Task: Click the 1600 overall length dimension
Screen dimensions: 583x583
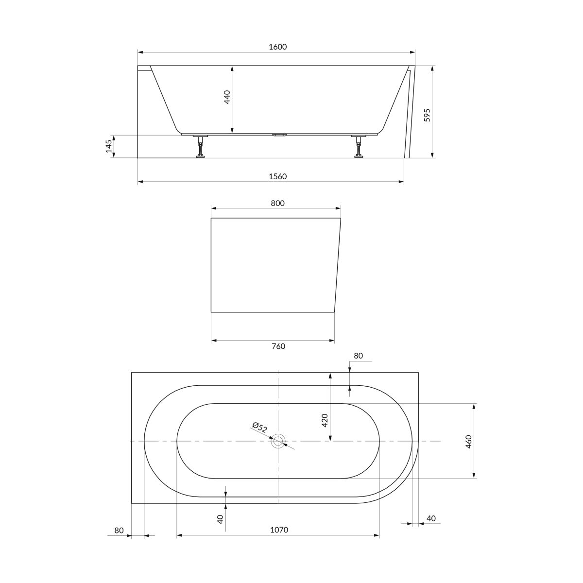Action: tap(277, 47)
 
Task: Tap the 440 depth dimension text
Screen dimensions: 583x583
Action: tap(227, 97)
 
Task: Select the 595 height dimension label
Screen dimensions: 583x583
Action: tap(427, 115)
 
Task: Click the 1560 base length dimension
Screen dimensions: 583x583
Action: tap(277, 176)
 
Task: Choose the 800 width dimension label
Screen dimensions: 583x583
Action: tap(277, 203)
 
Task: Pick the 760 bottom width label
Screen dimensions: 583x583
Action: tap(278, 346)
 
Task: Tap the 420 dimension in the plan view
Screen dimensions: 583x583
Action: tap(325, 420)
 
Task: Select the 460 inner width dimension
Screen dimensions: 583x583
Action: tap(469, 442)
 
